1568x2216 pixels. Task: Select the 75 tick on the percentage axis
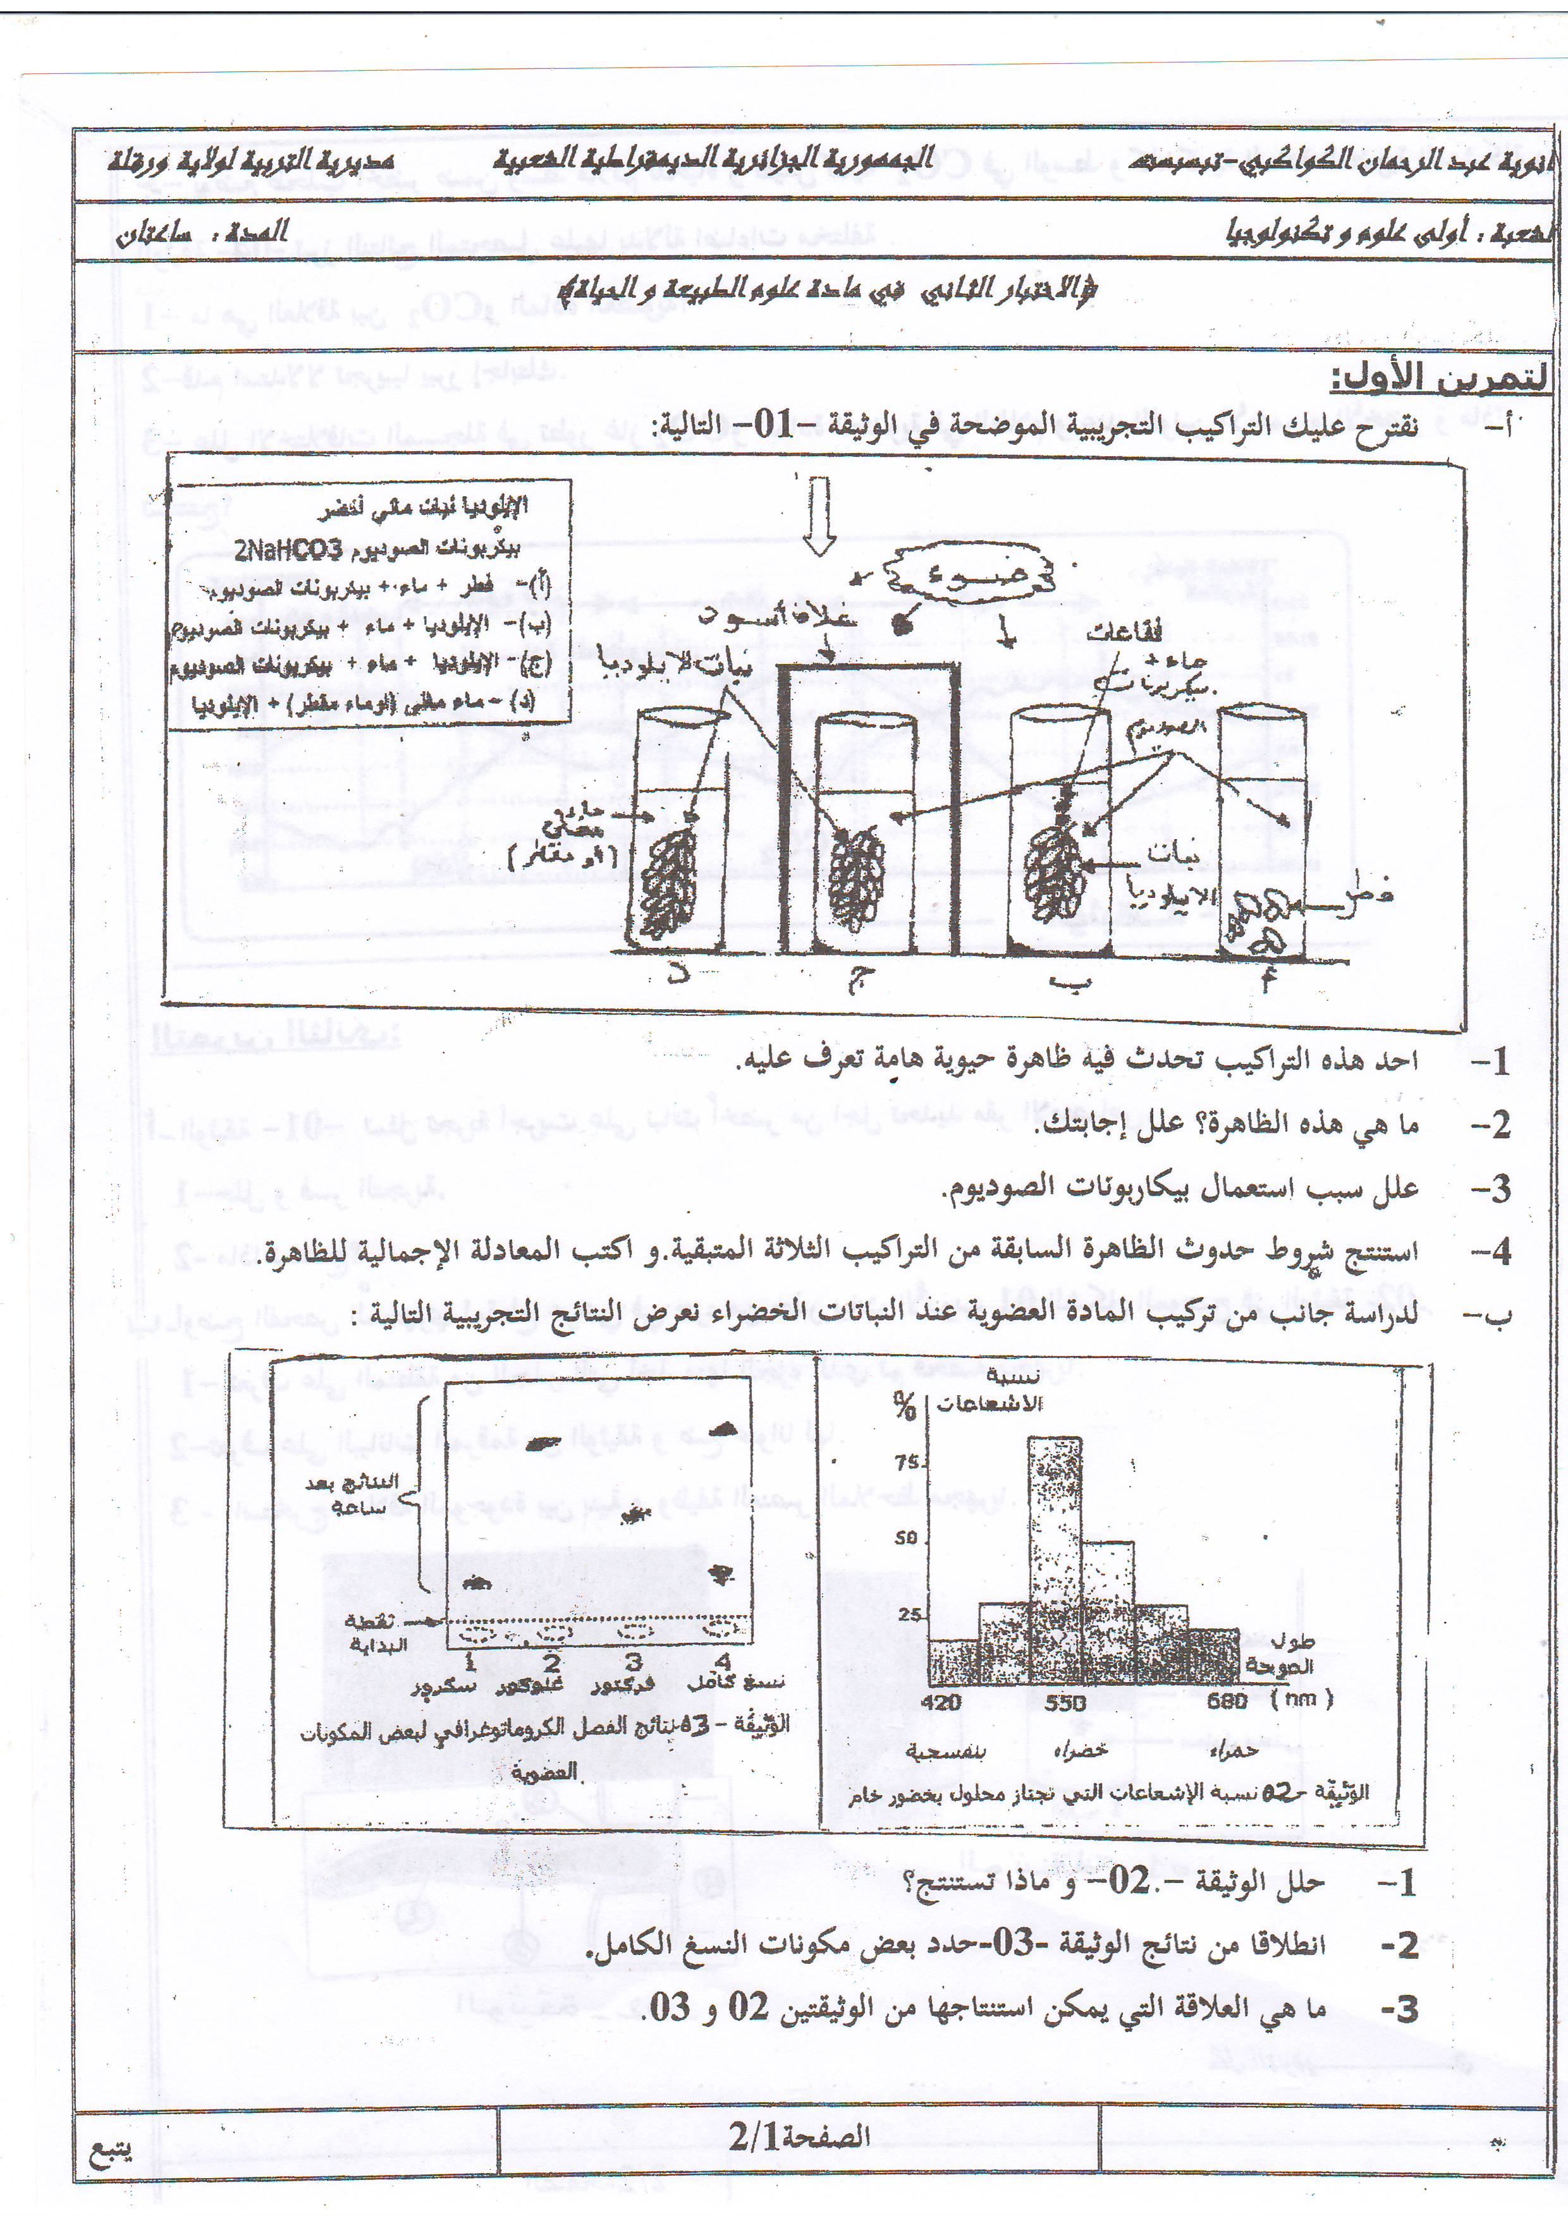point(907,1462)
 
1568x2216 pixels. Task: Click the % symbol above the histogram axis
point(905,1408)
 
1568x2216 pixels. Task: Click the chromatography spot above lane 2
point(542,1444)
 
